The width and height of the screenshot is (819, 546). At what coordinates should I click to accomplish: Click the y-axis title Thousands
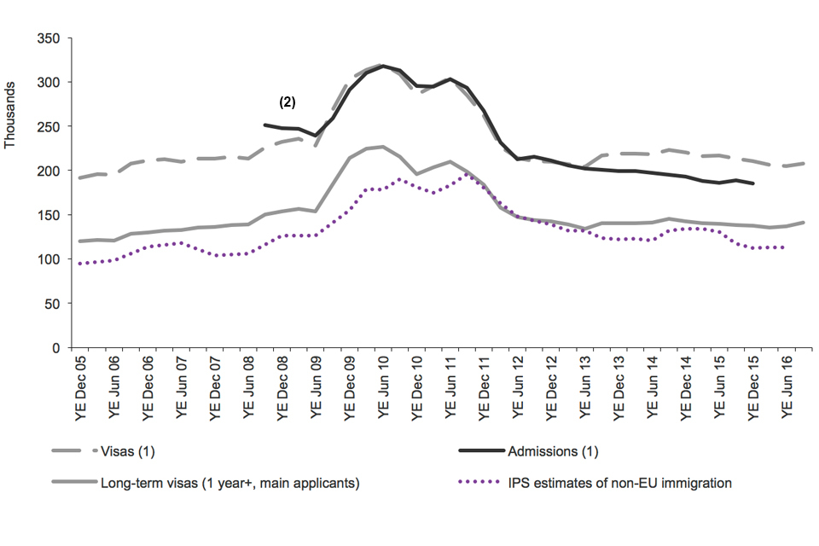(10, 114)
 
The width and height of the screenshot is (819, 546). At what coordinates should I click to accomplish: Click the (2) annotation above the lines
(288, 102)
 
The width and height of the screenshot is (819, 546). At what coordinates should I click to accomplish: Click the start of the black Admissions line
(265, 125)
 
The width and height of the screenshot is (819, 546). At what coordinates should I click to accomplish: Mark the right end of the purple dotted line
(783, 247)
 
